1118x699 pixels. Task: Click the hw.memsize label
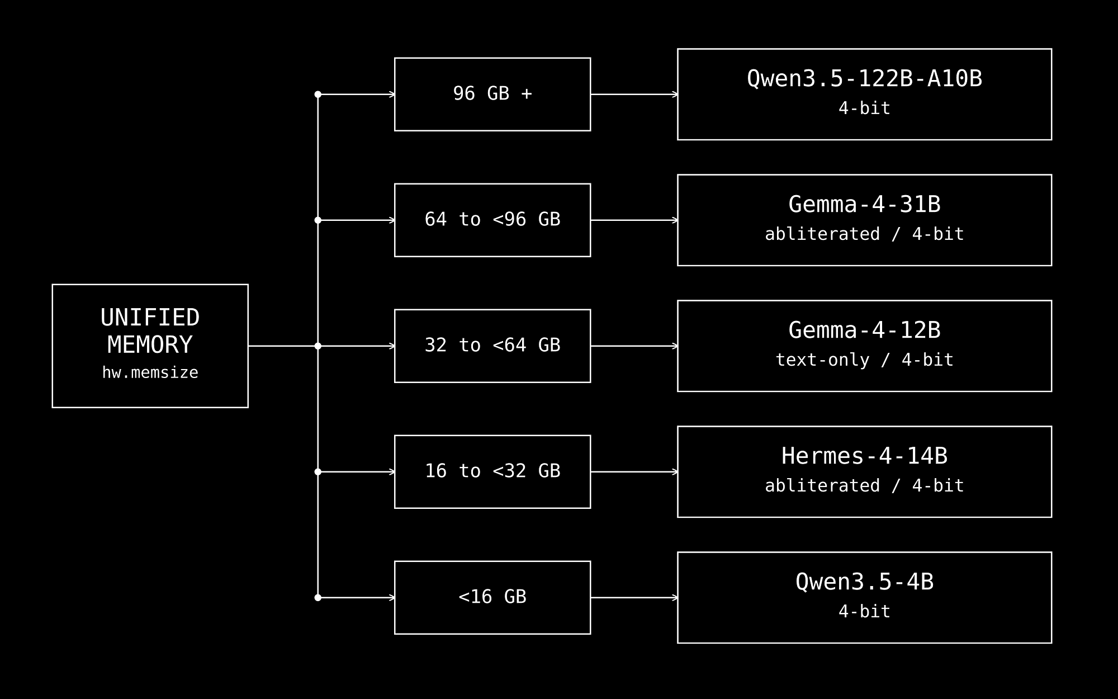tap(150, 373)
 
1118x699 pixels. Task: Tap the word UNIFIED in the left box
tap(150, 318)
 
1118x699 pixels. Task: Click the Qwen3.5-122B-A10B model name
tap(864, 79)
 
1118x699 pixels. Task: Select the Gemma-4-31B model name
tap(864, 205)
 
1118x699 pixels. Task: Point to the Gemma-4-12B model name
tap(864, 330)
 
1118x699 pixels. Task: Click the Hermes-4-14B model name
tap(864, 456)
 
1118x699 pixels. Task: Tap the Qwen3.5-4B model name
tap(864, 582)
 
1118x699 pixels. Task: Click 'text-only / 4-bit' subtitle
tap(864, 360)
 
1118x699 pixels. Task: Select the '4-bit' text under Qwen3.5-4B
tap(864, 611)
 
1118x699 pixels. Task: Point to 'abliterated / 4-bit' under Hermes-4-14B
tap(864, 485)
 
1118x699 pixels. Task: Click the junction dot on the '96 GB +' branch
tap(318, 95)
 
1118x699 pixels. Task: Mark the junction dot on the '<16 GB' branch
tap(318, 598)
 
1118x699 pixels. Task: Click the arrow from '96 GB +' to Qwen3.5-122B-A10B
tap(634, 95)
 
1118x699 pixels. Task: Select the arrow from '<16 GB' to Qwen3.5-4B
tap(634, 598)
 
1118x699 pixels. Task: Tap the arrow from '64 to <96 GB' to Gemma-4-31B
tap(634, 220)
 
